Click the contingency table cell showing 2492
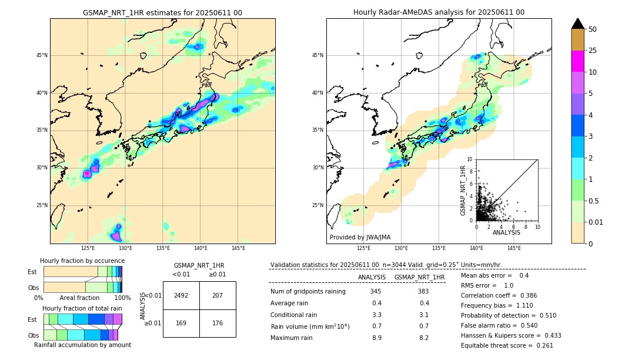[x=181, y=295]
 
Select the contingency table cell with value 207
[x=218, y=295]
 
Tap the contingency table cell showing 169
[x=181, y=323]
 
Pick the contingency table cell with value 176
[x=218, y=323]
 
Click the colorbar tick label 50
[x=593, y=29]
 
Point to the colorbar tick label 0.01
[x=596, y=222]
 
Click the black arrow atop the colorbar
[x=577, y=24]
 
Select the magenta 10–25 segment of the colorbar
[x=577, y=61]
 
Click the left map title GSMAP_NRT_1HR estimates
[x=162, y=12]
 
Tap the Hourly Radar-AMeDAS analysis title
[x=439, y=12]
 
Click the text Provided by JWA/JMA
[x=360, y=238]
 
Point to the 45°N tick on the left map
[x=42, y=55]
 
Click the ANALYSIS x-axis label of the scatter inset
[x=506, y=232]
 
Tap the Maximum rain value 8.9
[x=376, y=338]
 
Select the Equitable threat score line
[x=507, y=345]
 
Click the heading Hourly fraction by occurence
[x=82, y=261]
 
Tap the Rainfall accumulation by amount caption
[x=82, y=345]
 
